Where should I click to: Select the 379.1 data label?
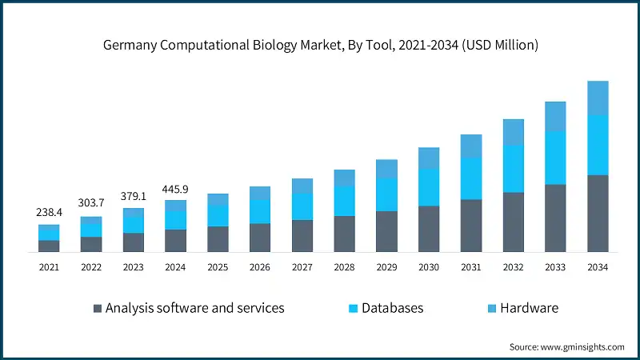[134, 196]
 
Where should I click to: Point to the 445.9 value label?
[176, 189]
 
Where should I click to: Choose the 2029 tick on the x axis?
[387, 267]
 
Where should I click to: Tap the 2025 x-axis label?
[218, 267]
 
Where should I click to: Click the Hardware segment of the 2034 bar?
[598, 98]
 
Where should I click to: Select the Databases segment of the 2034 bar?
[598, 145]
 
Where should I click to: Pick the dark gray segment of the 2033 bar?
[556, 218]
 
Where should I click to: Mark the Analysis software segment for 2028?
[345, 234]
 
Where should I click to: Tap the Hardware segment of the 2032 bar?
[514, 132]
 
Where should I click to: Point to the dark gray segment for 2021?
[49, 246]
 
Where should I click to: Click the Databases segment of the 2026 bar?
[260, 211]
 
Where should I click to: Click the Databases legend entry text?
[392, 308]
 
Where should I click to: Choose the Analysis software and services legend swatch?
[98, 308]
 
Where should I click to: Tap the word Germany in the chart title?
[130, 46]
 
